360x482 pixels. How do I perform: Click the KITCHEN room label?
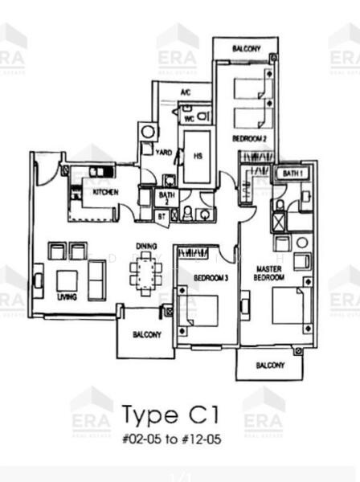coord(106,192)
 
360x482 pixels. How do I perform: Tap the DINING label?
coord(146,246)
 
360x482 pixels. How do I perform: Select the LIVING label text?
coord(67,296)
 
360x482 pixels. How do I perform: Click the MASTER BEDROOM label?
coord(268,272)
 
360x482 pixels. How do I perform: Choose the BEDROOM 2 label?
coord(249,138)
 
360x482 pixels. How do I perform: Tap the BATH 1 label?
coord(291,173)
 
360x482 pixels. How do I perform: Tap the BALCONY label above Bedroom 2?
coord(246,49)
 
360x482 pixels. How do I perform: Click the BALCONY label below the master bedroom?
coord(269,366)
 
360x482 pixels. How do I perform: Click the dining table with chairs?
coord(146,270)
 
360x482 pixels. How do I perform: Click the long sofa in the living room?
coord(96,280)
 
